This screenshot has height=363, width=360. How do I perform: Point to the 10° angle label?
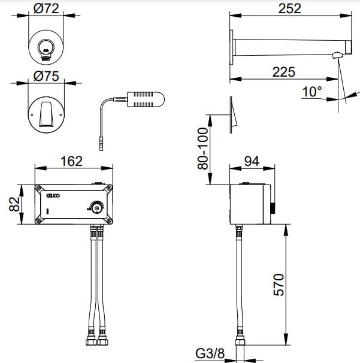click(x=311, y=92)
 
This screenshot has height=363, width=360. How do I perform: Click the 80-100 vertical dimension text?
click(x=203, y=146)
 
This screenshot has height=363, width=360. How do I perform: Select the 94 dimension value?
click(x=251, y=161)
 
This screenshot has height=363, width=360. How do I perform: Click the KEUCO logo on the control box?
click(x=55, y=194)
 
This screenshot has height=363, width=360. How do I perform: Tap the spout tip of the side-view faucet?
click(x=338, y=56)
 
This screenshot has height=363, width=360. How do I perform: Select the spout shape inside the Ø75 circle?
click(x=46, y=112)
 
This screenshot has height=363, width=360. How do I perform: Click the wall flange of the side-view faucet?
click(x=231, y=46)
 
